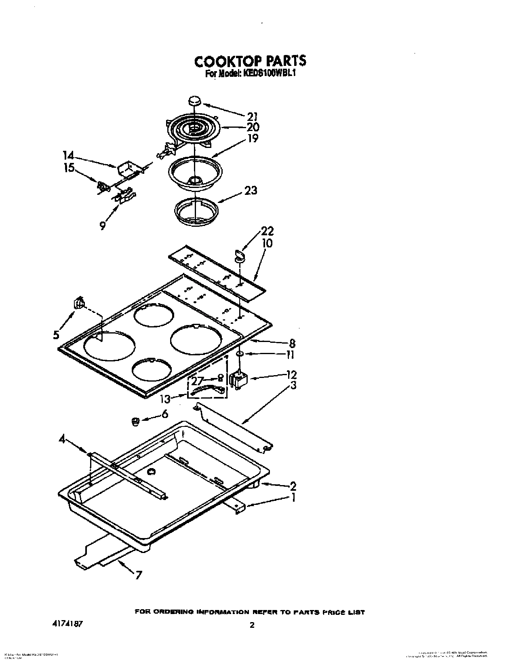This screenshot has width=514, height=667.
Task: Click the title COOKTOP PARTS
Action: click(x=250, y=61)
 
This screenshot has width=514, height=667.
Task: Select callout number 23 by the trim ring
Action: click(x=251, y=190)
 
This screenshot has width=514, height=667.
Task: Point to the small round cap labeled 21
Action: click(x=195, y=101)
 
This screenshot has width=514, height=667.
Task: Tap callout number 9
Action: click(x=103, y=225)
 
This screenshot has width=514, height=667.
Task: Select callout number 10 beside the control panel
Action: click(x=267, y=244)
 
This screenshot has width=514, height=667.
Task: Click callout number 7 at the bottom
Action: click(x=138, y=575)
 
